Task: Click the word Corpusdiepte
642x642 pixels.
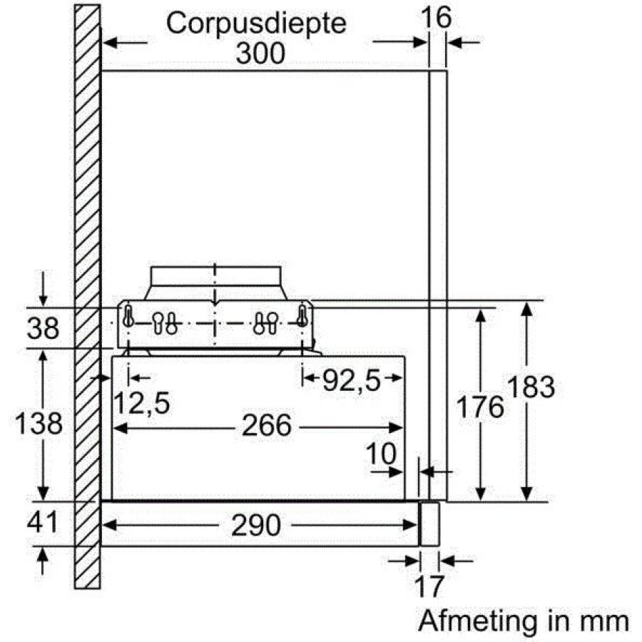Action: [x=256, y=24]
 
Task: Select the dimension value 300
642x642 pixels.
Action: [x=260, y=53]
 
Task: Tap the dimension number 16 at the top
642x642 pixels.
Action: [x=436, y=17]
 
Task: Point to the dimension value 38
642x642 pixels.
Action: [x=43, y=328]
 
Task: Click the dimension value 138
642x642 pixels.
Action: [x=39, y=423]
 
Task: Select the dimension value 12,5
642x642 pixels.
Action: [x=141, y=403]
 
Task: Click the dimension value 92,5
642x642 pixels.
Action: [x=352, y=381]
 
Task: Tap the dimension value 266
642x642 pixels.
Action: [x=267, y=426]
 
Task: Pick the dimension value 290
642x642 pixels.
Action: [x=256, y=525]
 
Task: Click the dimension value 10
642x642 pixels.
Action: [x=381, y=453]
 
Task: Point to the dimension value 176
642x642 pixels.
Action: [x=480, y=407]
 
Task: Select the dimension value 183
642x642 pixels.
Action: [x=531, y=387]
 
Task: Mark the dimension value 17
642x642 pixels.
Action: [x=429, y=586]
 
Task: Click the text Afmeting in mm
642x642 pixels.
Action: [x=524, y=622]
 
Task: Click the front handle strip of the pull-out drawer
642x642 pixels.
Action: [x=429, y=524]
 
